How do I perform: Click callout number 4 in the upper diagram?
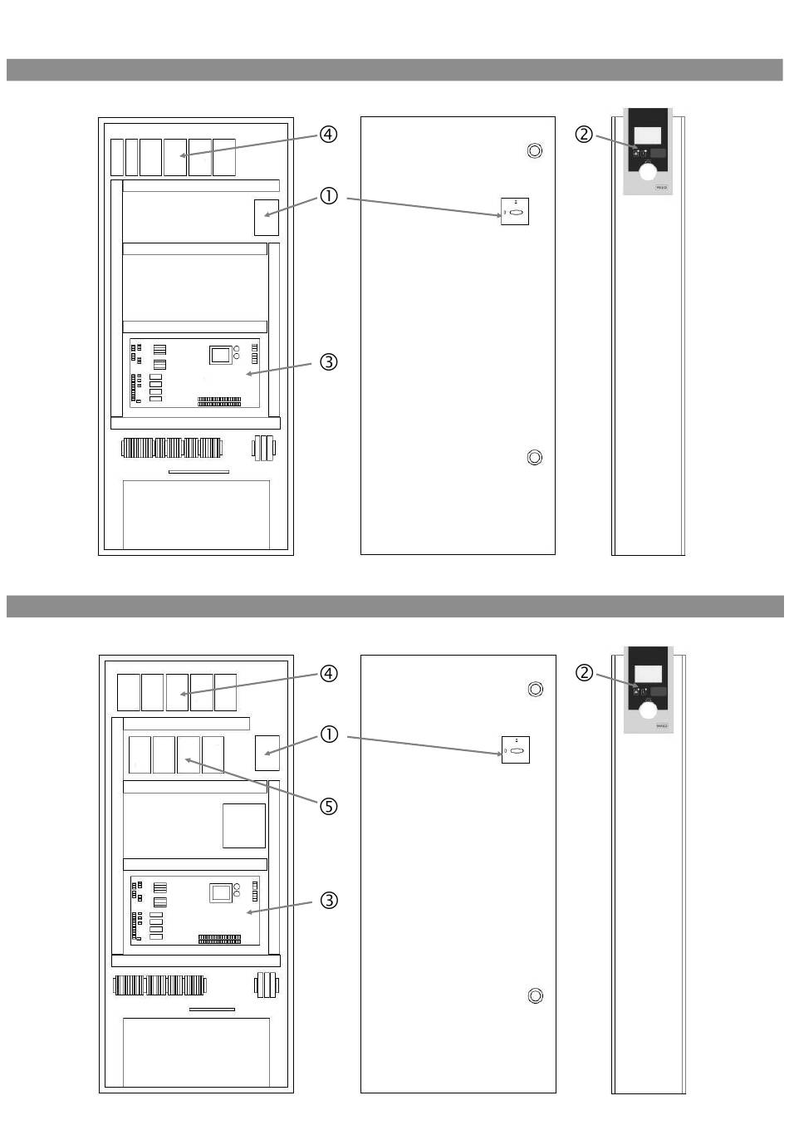click(329, 135)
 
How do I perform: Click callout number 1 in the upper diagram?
click(329, 197)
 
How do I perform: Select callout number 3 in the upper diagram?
click(329, 362)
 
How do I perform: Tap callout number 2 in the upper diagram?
click(584, 134)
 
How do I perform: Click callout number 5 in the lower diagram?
click(329, 807)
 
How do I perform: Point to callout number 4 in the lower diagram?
click(329, 673)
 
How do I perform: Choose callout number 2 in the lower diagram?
click(584, 672)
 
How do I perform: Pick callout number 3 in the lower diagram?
click(329, 901)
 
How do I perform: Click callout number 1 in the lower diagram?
click(329, 735)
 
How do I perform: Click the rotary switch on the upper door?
click(515, 212)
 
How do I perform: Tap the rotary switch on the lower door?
click(516, 750)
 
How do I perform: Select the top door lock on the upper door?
click(535, 150)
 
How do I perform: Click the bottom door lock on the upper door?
click(535, 457)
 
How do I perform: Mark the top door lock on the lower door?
click(536, 689)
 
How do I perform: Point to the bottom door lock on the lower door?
click(536, 995)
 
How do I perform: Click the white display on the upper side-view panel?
click(648, 135)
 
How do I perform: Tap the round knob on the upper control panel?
click(648, 172)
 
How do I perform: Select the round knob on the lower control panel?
click(648, 710)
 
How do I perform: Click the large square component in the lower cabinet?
click(244, 825)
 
